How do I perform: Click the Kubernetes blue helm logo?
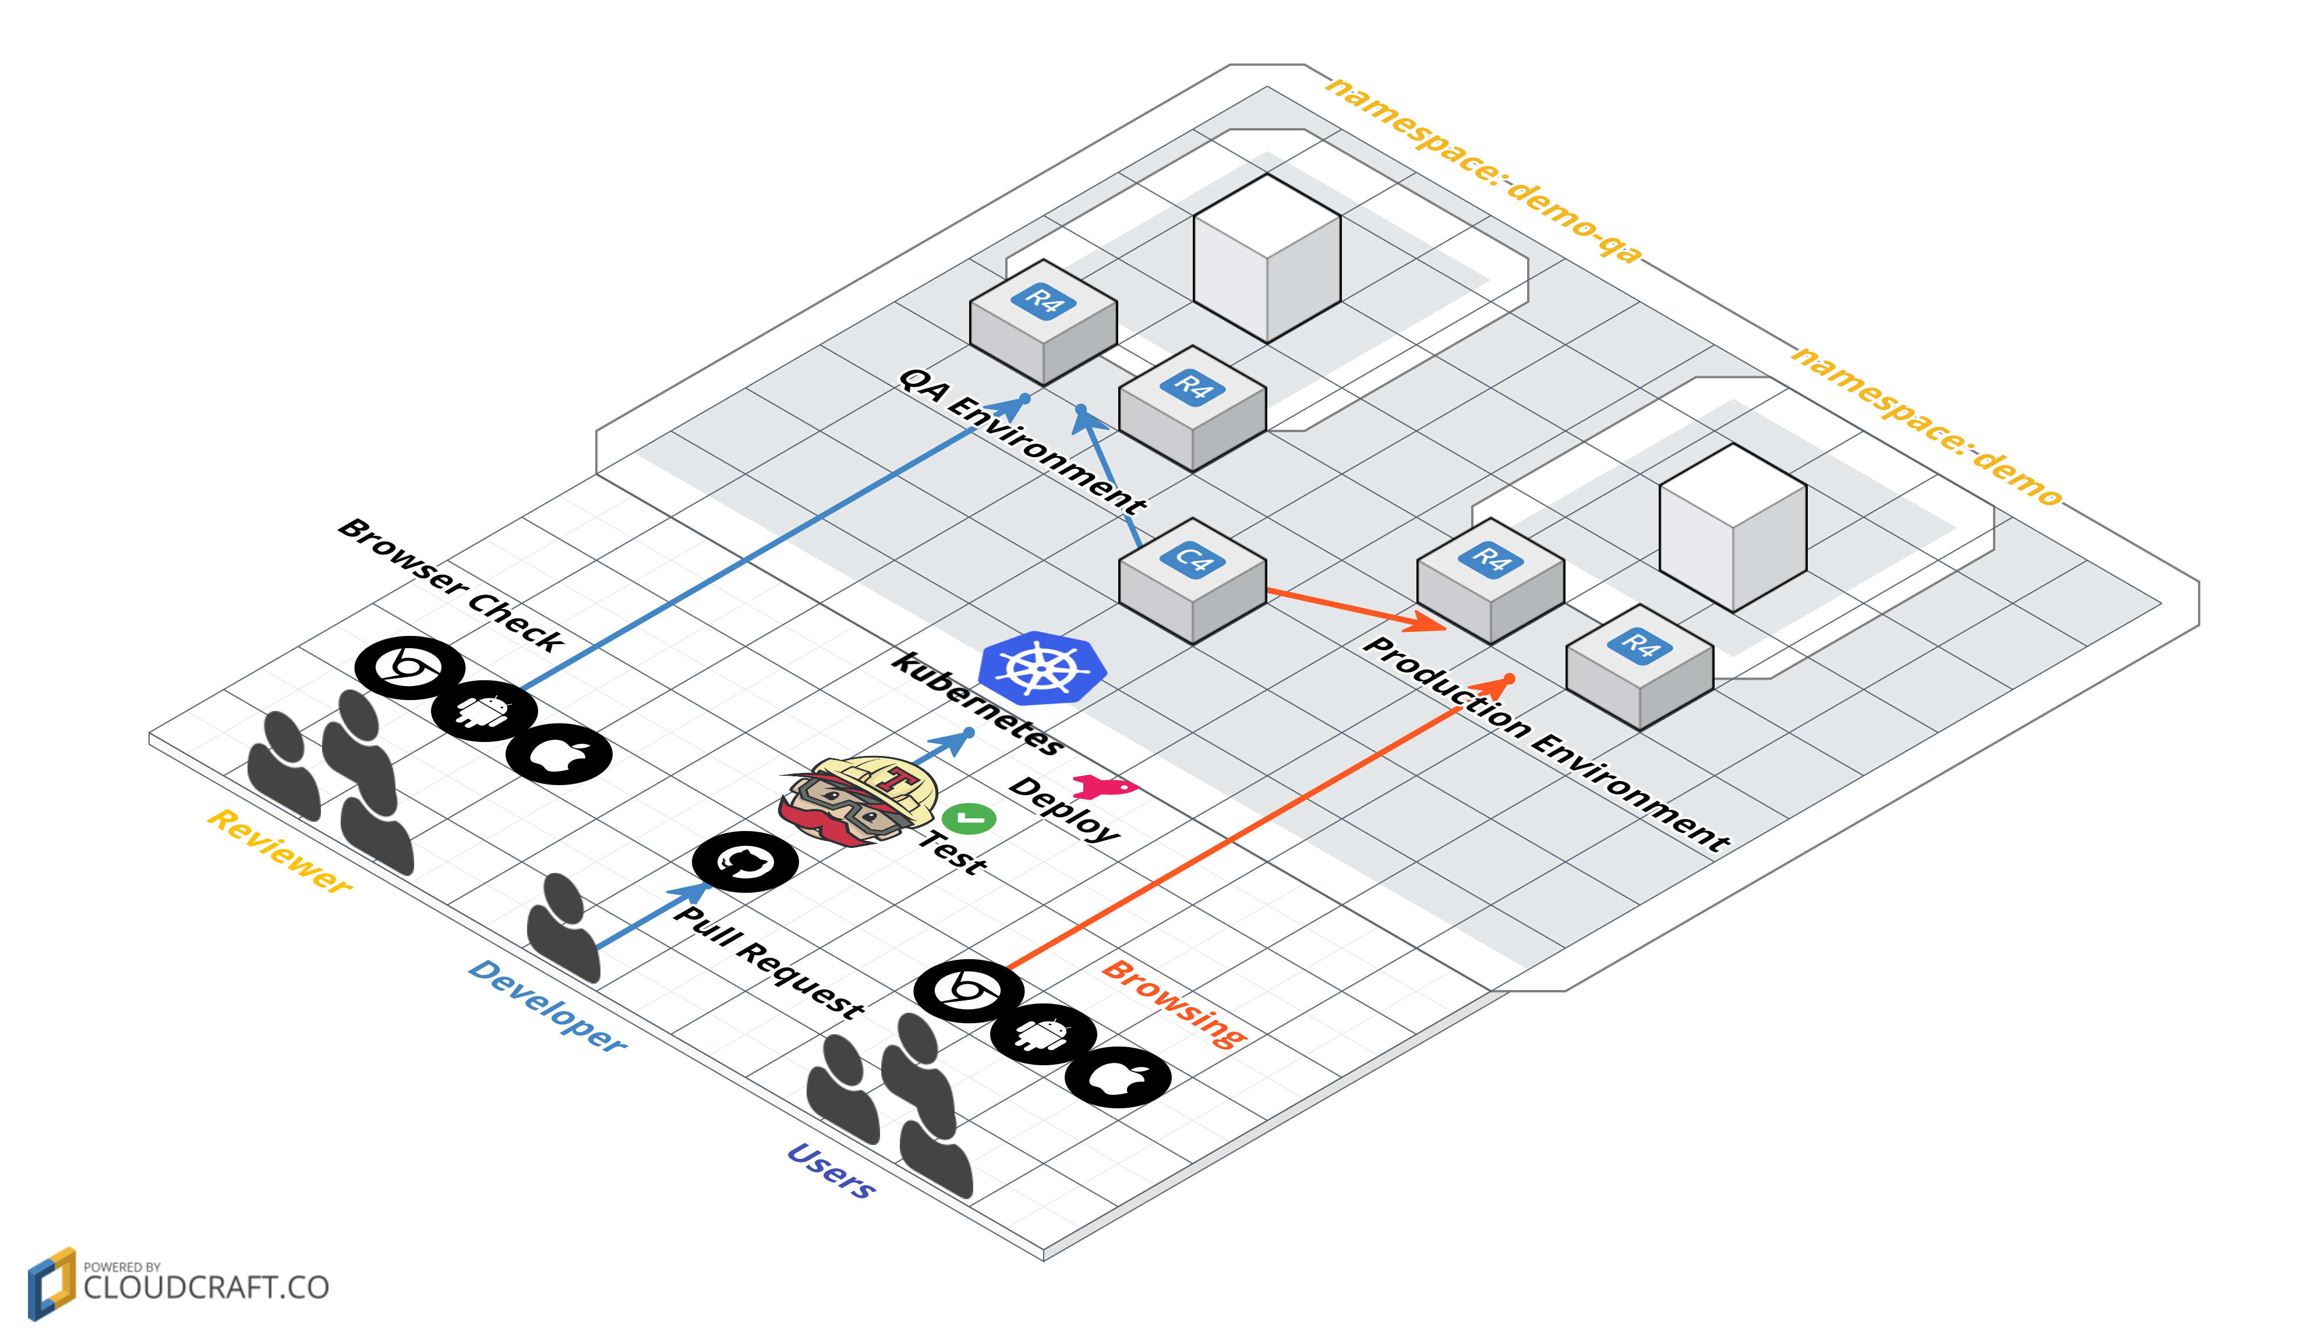point(1042,667)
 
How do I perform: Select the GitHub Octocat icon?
point(745,861)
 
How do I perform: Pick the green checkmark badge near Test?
point(969,818)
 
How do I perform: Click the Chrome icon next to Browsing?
point(969,990)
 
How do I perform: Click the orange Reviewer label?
point(279,851)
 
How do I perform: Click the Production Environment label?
point(1545,742)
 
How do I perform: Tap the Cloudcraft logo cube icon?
point(51,1283)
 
